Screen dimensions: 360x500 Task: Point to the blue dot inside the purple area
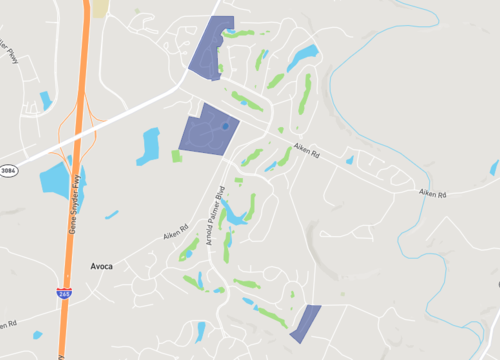(x=226, y=127)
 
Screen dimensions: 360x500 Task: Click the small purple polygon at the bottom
(x=306, y=322)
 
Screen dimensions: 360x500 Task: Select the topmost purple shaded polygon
(x=212, y=47)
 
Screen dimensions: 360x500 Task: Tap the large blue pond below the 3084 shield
(x=60, y=180)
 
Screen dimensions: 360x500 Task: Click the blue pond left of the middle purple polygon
(x=150, y=146)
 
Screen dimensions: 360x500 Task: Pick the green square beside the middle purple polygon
(x=178, y=155)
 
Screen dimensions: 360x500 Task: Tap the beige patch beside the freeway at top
(x=100, y=8)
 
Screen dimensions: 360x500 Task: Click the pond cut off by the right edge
(x=494, y=167)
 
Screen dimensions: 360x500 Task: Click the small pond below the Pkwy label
(x=45, y=100)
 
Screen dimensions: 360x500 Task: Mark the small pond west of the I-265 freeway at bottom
(x=37, y=333)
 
